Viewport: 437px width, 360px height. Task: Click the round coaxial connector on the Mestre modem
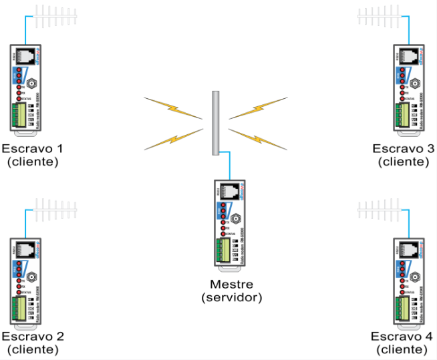click(x=236, y=218)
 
